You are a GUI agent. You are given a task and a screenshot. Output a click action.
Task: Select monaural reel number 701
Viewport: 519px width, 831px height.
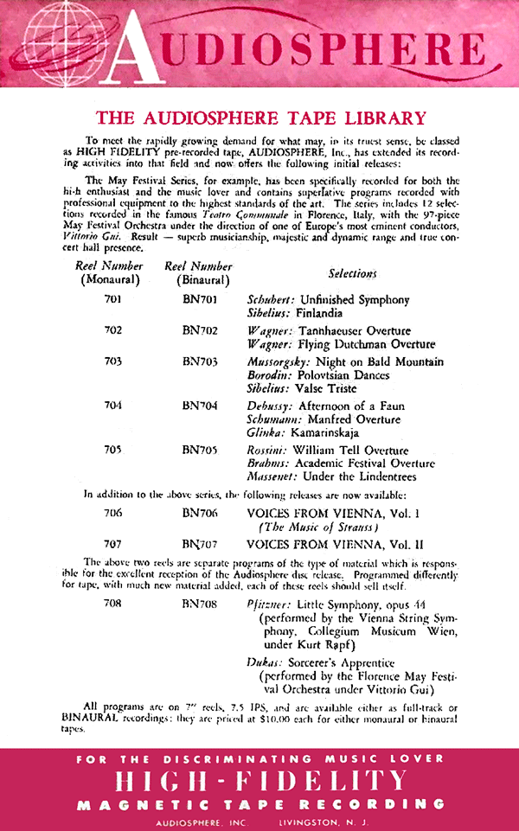coord(113,300)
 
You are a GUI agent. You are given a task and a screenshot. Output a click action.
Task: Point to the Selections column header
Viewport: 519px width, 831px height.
coord(352,273)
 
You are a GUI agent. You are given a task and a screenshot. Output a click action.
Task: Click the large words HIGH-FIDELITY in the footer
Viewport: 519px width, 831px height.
coord(259,782)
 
